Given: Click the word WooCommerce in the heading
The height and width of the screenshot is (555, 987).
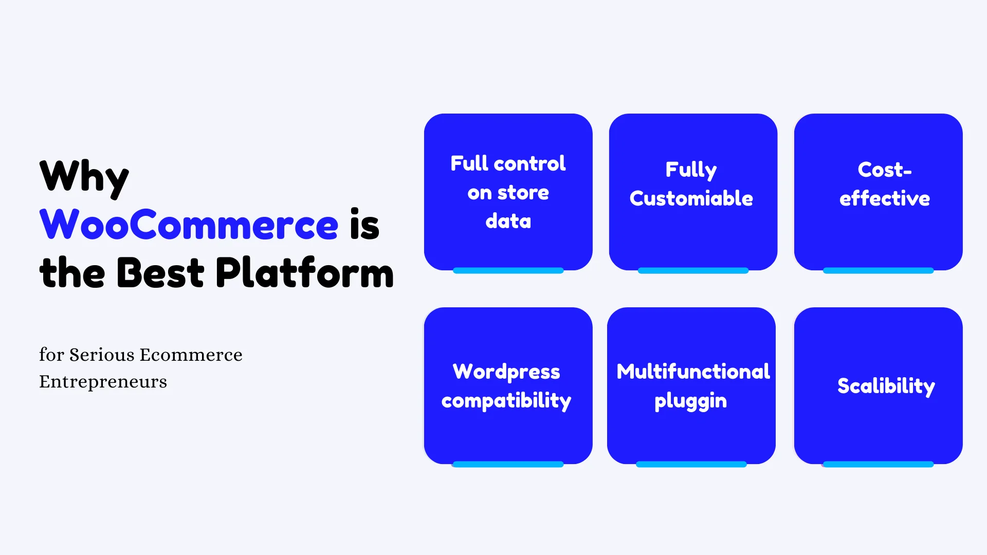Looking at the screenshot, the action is click(189, 225).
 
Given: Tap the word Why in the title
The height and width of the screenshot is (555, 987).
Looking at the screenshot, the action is click(84, 178).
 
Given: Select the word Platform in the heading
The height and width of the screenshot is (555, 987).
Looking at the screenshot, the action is click(304, 272).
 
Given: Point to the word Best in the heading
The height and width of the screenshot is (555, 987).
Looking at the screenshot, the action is click(160, 272).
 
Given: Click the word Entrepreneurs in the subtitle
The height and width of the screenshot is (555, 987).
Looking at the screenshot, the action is click(103, 382).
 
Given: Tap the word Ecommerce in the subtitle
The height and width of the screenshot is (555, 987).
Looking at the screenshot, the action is click(191, 355).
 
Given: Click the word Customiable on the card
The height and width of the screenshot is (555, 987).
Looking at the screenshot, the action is click(691, 198).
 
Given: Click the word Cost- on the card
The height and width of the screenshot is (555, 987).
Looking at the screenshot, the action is click(885, 170).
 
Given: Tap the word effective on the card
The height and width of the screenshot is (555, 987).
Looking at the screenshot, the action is click(885, 198).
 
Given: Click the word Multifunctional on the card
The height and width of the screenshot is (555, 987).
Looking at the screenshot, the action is click(693, 372).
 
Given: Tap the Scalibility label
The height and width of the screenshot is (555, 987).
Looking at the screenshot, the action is click(886, 386).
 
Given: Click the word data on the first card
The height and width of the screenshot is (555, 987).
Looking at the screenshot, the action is click(508, 221).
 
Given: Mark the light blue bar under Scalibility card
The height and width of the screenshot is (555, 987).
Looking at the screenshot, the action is click(878, 464).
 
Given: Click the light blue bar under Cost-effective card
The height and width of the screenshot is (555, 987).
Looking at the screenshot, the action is click(878, 270).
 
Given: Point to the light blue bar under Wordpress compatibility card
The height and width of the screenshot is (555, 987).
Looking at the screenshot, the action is click(508, 464).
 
